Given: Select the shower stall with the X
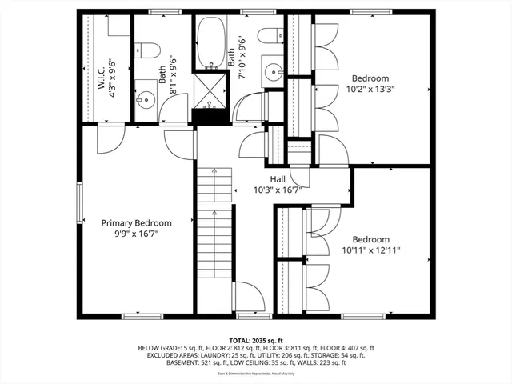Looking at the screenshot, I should [x=210, y=94].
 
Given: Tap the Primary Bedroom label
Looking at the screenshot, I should [x=136, y=223].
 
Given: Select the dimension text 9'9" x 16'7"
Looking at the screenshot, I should [x=136, y=234].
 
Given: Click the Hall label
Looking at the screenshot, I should [x=277, y=180].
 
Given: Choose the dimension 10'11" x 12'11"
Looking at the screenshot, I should [x=370, y=250].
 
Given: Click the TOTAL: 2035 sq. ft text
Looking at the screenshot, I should [x=255, y=340].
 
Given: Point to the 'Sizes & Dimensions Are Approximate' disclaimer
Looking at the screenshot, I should [x=256, y=374].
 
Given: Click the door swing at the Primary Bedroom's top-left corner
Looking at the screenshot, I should [x=106, y=142].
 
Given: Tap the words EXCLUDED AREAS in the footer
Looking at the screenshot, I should [x=169, y=356].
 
